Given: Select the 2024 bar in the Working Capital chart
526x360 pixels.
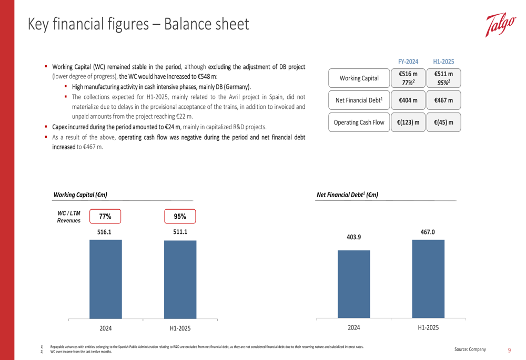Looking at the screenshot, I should [x=106, y=279].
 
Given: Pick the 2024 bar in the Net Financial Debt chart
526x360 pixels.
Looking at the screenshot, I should [x=354, y=284].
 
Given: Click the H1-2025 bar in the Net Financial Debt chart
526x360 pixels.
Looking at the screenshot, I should [x=428, y=279].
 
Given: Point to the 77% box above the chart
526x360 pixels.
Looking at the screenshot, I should [x=105, y=217].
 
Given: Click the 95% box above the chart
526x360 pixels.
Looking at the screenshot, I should [x=180, y=217].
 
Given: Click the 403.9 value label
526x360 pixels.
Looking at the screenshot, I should [x=354, y=237].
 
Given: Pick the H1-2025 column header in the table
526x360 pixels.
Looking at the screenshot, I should [x=443, y=61].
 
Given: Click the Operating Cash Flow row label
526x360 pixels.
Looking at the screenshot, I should [x=359, y=122].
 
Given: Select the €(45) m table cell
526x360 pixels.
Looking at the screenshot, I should [x=443, y=122].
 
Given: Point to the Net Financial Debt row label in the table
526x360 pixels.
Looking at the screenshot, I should [x=359, y=100].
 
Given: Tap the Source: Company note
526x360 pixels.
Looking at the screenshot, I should [x=471, y=349].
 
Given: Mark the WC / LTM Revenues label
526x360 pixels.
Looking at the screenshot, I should [x=69, y=217].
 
